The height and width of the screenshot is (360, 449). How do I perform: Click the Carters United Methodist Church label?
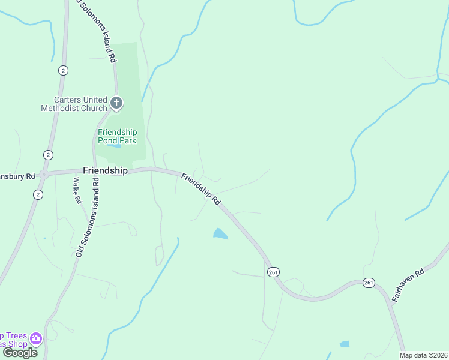pyautogui.click(x=74, y=104)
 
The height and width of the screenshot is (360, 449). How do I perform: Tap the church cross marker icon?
pyautogui.click(x=116, y=104)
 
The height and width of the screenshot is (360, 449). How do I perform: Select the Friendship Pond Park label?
pyautogui.click(x=118, y=136)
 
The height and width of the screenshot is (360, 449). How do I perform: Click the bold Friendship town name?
pyautogui.click(x=105, y=170)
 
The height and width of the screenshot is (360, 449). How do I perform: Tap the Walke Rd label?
pyautogui.click(x=77, y=190)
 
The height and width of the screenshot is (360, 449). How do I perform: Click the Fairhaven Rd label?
pyautogui.click(x=412, y=280)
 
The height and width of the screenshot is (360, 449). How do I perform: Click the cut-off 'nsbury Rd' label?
pyautogui.click(x=17, y=177)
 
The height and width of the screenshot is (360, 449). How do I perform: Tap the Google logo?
pyautogui.click(x=20, y=353)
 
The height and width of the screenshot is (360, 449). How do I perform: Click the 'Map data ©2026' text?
pyautogui.click(x=423, y=355)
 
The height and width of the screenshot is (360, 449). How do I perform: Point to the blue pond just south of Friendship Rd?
pyautogui.click(x=220, y=233)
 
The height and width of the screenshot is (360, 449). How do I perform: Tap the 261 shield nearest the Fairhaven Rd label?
pyautogui.click(x=369, y=282)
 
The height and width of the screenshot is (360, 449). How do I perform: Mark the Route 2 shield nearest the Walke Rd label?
pyautogui.click(x=38, y=194)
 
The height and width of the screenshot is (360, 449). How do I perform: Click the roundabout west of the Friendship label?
pyautogui.click(x=44, y=175)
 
